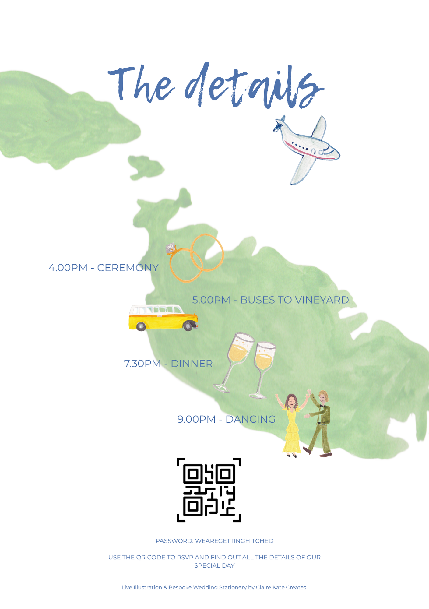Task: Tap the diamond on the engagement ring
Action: (171, 248)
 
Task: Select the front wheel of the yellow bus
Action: (188, 326)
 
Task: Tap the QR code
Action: (209, 490)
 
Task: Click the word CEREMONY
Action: (128, 268)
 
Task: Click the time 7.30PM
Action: (142, 364)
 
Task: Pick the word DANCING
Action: (250, 419)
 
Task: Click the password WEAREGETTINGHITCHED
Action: (234, 541)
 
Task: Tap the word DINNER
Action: (192, 364)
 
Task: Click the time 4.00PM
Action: (68, 268)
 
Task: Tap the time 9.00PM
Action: (196, 419)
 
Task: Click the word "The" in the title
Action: (140, 84)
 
